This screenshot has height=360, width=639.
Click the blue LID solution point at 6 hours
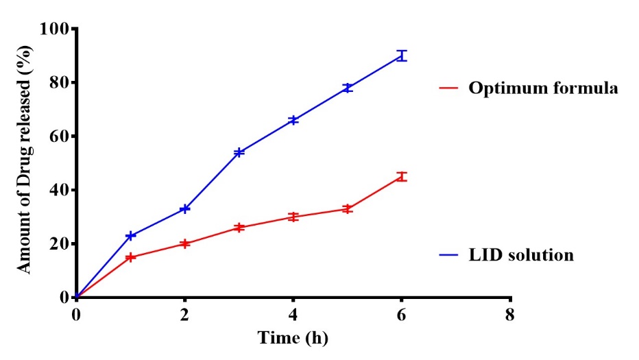point(402,56)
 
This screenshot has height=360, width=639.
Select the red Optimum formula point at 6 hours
point(402,177)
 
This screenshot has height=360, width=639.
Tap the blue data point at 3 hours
point(239,152)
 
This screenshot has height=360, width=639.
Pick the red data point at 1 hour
point(130,257)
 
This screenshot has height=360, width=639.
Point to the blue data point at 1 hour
point(130,235)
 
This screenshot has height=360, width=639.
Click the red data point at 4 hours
point(293,217)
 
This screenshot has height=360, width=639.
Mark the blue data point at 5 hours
point(348,88)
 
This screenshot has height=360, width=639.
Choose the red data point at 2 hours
point(184,243)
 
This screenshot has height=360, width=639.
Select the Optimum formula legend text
point(543,88)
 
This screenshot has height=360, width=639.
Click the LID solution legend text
point(521,255)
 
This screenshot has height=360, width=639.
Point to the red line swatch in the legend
point(448,88)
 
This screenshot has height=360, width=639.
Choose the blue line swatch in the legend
point(448,255)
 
